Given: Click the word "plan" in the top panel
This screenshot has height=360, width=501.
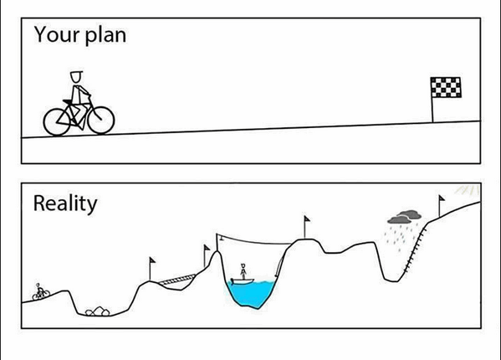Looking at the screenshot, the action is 105,36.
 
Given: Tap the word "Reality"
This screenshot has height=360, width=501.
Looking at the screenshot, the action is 65,203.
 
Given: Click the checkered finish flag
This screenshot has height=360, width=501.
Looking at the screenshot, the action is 446,87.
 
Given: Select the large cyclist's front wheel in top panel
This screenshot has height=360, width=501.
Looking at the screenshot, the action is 101,120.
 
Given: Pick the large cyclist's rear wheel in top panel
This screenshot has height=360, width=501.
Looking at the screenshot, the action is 57,121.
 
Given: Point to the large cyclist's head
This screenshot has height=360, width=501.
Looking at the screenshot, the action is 76,77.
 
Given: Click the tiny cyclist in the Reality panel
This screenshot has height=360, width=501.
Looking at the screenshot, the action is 41,292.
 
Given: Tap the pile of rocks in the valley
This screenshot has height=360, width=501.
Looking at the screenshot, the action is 98,311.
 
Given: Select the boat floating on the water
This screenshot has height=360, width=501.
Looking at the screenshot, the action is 243,281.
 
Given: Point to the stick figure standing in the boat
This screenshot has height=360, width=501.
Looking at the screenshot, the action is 243,271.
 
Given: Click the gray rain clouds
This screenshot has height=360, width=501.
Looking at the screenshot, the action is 405,217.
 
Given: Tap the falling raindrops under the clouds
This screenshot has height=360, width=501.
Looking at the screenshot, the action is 401,235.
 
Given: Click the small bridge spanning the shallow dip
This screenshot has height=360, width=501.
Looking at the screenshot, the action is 177,280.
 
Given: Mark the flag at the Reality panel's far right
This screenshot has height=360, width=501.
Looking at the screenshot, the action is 442,206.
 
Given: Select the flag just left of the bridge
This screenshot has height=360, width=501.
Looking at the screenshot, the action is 151,269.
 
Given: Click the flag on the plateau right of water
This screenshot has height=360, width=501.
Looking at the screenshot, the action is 306,227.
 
